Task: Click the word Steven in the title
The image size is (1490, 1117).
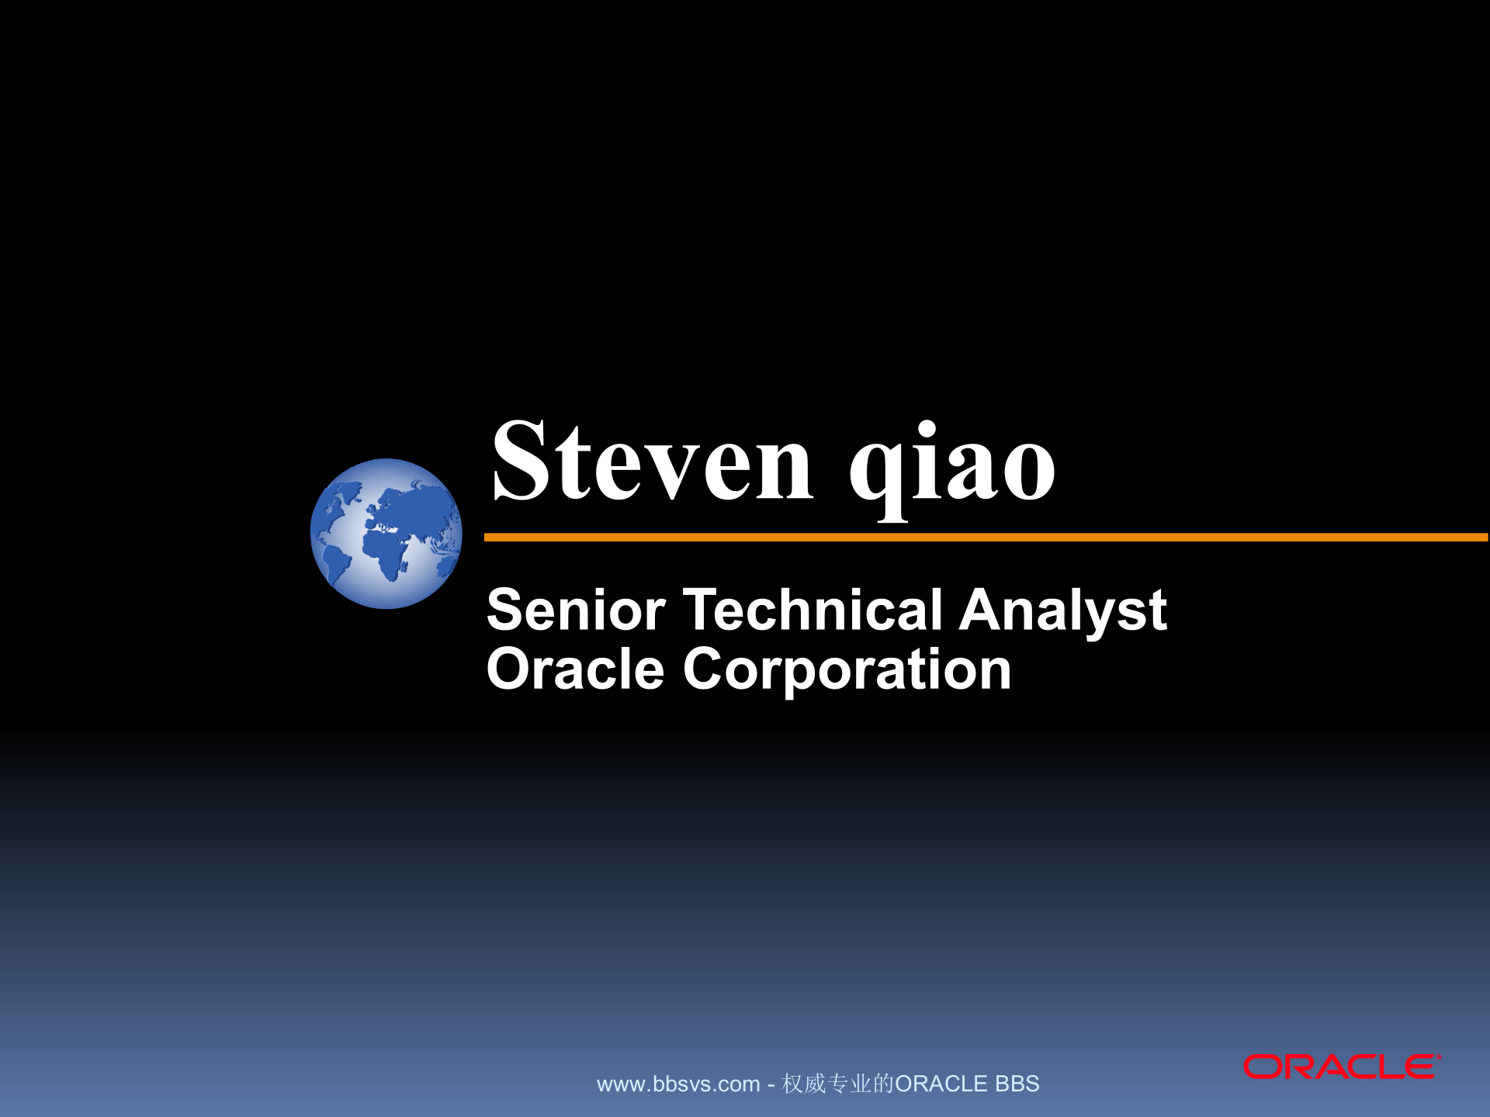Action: pyautogui.click(x=652, y=462)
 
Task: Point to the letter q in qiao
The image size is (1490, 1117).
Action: pyautogui.click(x=878, y=473)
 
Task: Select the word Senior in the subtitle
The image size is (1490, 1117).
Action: pyautogui.click(x=576, y=610)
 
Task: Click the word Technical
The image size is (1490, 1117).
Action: pyautogui.click(x=812, y=610)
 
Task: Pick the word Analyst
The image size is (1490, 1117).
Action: pyautogui.click(x=1062, y=610)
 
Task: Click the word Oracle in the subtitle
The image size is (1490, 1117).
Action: pyautogui.click(x=575, y=669)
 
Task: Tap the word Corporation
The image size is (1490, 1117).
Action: pyautogui.click(x=847, y=669)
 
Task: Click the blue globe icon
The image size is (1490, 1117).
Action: pyautogui.click(x=386, y=534)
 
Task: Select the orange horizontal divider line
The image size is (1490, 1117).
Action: pyautogui.click(x=986, y=537)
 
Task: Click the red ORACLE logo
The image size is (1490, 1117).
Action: pyautogui.click(x=1341, y=1067)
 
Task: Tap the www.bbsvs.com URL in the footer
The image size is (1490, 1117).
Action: pyautogui.click(x=677, y=1084)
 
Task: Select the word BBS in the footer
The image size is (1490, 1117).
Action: pyautogui.click(x=1017, y=1084)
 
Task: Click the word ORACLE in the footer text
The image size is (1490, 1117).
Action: pyautogui.click(x=941, y=1084)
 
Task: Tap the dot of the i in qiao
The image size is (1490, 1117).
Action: pyautogui.click(x=927, y=427)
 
